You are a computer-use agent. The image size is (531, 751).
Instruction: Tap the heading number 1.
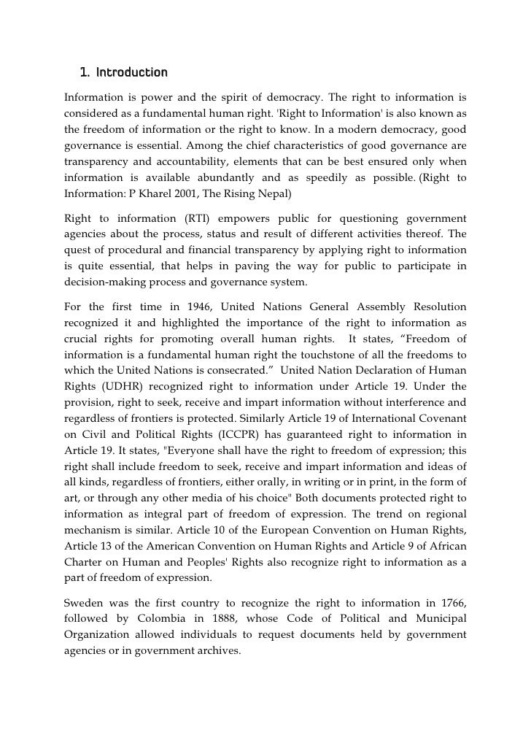coord(84,73)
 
